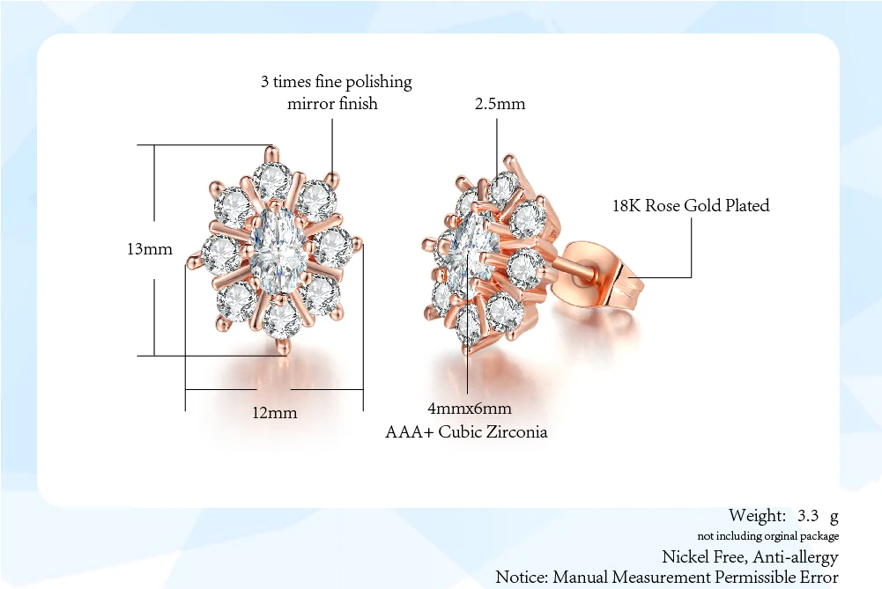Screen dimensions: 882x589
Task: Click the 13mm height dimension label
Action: tap(149, 249)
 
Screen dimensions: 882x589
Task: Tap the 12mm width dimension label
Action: tap(274, 412)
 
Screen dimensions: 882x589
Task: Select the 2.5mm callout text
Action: tap(500, 103)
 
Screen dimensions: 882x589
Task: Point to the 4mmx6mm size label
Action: tap(469, 409)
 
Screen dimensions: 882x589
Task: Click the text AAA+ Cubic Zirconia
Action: tap(466, 431)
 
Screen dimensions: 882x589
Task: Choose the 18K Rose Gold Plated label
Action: tap(691, 205)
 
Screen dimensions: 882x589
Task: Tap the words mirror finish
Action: tap(332, 103)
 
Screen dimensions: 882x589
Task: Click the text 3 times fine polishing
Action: tap(336, 82)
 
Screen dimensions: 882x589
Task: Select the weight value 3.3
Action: tap(809, 515)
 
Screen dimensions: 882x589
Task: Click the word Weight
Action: tap(756, 515)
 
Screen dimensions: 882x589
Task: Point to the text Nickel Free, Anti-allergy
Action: tap(750, 556)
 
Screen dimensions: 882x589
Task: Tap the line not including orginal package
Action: tap(767, 535)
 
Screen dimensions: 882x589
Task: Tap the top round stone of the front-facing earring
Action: tap(273, 180)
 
